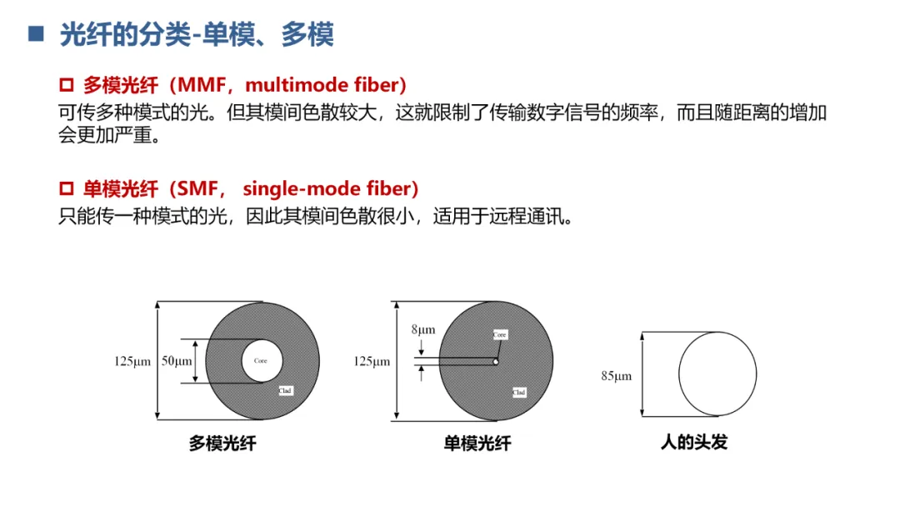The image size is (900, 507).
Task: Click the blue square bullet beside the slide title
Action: (x=35, y=34)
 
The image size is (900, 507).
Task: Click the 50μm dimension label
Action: (x=176, y=362)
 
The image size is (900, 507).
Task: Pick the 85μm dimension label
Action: (x=616, y=376)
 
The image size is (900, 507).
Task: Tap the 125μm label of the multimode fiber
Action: (x=132, y=362)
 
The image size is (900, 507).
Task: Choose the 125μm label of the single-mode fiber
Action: (x=372, y=362)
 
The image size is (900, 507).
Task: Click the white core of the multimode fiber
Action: (x=262, y=361)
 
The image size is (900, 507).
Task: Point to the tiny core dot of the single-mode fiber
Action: (x=495, y=362)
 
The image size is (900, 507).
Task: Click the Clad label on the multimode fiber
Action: (x=285, y=389)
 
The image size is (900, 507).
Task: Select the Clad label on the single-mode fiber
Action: (x=518, y=391)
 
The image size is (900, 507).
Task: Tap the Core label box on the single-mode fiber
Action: (x=499, y=334)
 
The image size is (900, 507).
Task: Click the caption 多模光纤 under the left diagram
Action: (x=222, y=444)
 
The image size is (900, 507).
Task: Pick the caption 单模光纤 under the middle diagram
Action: (x=477, y=444)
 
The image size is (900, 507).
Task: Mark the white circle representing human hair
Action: (x=717, y=373)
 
